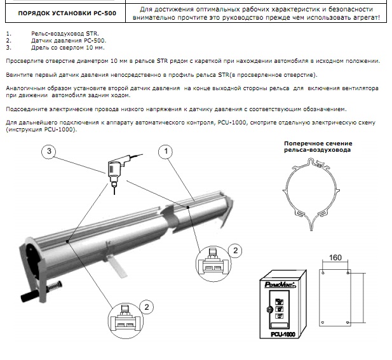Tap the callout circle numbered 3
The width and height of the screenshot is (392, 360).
click(x=49, y=151)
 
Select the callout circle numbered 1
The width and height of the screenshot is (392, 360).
click(x=166, y=151)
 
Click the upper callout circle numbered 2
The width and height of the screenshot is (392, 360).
click(x=235, y=251)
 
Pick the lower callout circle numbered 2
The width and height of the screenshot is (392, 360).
click(x=147, y=307)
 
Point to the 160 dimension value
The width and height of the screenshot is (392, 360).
click(x=335, y=258)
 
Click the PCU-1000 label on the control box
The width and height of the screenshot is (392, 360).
click(x=283, y=334)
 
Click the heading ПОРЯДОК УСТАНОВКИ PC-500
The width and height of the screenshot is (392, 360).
click(x=67, y=13)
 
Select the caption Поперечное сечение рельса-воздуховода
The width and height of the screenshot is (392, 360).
click(x=318, y=147)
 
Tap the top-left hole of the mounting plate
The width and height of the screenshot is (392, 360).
click(x=323, y=273)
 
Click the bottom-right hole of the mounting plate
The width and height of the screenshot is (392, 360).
click(x=348, y=323)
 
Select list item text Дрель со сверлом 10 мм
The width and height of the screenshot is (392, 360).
click(x=68, y=48)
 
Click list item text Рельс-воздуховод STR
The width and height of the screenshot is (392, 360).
click(x=65, y=34)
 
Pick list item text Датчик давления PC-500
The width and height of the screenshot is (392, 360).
click(x=69, y=41)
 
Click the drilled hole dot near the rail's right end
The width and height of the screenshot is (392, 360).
click(x=188, y=207)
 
